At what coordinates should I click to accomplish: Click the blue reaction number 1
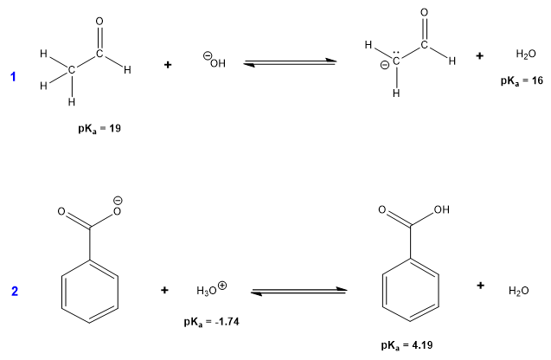click(x=13, y=77)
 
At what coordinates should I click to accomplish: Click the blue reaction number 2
click(x=14, y=291)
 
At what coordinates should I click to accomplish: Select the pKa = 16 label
click(x=522, y=80)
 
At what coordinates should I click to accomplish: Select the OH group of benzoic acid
click(x=442, y=210)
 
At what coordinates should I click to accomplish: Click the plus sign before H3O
click(x=164, y=290)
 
